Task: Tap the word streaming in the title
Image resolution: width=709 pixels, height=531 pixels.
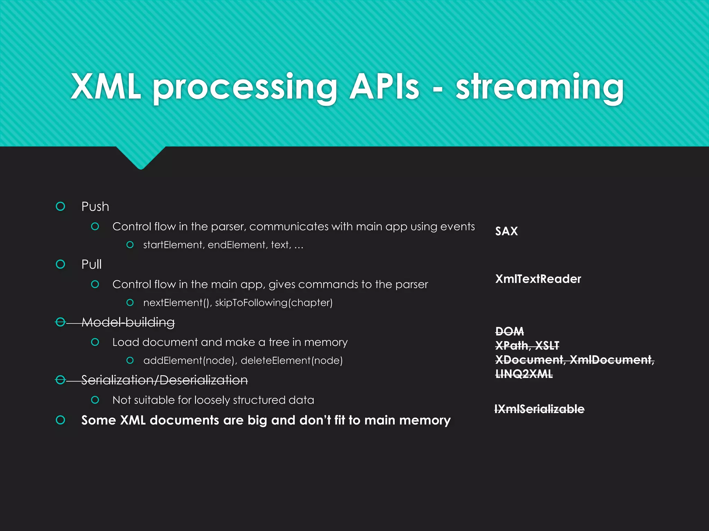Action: [540, 87]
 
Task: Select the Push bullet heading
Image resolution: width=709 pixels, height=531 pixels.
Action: [95, 207]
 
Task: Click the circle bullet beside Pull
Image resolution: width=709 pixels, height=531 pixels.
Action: [61, 264]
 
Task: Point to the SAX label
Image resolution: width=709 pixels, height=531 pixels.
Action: [506, 231]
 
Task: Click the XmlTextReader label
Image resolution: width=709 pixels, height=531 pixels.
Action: [538, 279]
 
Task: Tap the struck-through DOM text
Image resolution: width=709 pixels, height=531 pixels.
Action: [509, 332]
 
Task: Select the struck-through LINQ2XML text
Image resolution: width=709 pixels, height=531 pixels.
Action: [524, 374]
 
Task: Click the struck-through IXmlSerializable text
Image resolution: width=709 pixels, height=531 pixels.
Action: [539, 409]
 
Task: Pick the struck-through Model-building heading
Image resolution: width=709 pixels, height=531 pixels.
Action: [128, 322]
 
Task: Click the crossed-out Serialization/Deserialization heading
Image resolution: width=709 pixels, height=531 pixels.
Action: [164, 380]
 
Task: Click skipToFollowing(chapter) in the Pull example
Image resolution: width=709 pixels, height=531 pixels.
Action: [273, 303]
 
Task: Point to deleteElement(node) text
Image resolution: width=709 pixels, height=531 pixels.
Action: [291, 361]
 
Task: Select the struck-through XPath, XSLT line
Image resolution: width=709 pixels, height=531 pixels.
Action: [527, 346]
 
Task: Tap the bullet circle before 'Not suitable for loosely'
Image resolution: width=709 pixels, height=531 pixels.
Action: [95, 400]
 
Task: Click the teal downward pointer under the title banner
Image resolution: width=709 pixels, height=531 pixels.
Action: [141, 157]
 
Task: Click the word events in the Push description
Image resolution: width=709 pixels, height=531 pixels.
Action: [459, 227]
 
